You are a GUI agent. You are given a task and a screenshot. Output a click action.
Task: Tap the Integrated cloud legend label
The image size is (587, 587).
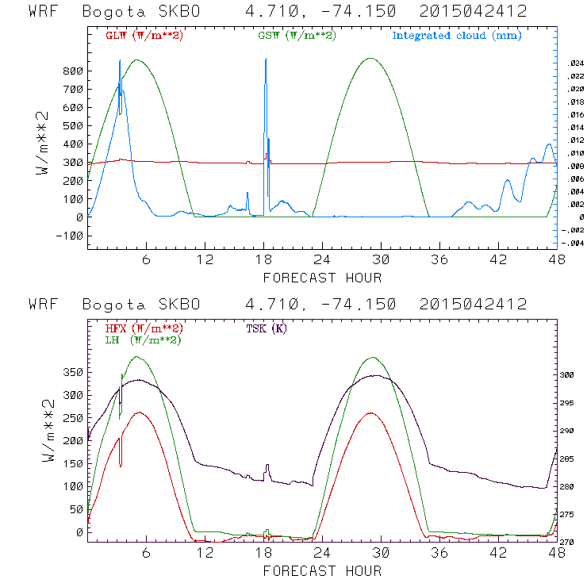pos(456,36)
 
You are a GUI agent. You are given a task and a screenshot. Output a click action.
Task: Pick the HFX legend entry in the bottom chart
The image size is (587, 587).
pos(144,328)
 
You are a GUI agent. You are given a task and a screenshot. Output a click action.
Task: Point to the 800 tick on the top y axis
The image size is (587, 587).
pos(71,71)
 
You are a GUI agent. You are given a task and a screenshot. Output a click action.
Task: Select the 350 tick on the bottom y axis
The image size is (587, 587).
pos(71,371)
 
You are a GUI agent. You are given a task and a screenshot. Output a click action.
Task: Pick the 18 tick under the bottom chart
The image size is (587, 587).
pos(264,554)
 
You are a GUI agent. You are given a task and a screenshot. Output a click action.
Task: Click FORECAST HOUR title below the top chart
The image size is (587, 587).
pos(322,278)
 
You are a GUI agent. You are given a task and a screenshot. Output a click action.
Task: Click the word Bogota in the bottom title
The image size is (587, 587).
pos(117,305)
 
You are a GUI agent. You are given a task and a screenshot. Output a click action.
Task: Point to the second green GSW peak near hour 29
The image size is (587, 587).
pos(370,58)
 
